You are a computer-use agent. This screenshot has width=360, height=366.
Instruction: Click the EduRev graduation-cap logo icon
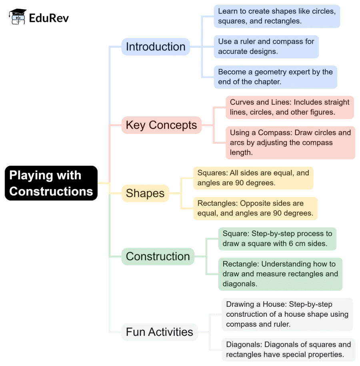(x=18, y=17)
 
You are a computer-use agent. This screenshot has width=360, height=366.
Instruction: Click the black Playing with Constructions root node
(x=51, y=183)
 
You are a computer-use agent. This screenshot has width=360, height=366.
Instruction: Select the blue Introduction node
(x=156, y=47)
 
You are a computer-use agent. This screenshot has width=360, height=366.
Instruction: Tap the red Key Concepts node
(x=161, y=125)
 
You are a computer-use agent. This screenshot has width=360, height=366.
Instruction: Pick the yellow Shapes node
(x=145, y=193)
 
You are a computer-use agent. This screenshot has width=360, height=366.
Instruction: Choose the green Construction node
(x=158, y=256)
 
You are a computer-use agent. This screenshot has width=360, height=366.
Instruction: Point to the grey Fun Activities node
(x=159, y=332)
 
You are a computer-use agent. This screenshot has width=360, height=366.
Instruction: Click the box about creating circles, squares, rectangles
(x=276, y=16)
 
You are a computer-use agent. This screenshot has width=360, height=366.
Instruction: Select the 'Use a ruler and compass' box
(x=266, y=46)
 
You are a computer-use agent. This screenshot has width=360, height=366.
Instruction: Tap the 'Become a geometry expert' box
(x=275, y=77)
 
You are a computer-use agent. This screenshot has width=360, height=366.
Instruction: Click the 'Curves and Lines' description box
(x=290, y=107)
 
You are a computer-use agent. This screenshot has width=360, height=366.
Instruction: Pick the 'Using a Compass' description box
(x=290, y=142)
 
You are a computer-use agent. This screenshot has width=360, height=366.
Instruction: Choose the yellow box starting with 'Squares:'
(x=253, y=178)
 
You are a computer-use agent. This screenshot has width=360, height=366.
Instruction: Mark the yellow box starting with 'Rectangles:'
(x=255, y=208)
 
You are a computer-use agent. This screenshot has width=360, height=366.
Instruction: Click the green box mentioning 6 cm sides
(x=277, y=239)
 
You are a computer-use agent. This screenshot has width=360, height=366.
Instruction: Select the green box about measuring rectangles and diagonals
(x=280, y=274)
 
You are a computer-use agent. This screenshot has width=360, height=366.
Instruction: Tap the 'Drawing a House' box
(x=287, y=314)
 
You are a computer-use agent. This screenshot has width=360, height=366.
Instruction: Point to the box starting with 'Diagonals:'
(x=288, y=349)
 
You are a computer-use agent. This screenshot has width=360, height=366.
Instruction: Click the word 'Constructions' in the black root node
(x=51, y=191)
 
